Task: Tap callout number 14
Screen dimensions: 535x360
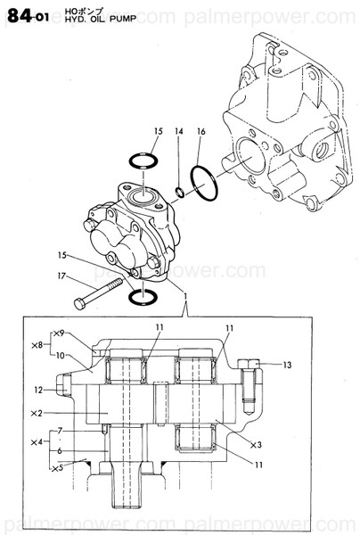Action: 178,132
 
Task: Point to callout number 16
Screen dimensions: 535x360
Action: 200,132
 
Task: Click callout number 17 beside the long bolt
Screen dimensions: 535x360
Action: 62,275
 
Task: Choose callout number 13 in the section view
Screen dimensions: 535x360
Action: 287,365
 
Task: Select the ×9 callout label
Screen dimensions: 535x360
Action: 59,333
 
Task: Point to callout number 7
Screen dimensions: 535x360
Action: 60,431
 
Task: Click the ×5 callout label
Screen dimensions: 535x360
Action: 58,467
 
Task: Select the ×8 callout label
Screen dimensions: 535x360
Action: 37,344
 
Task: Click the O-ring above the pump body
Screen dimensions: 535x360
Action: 141,161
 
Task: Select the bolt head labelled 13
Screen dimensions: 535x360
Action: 249,363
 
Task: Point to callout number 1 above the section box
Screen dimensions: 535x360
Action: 184,295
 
